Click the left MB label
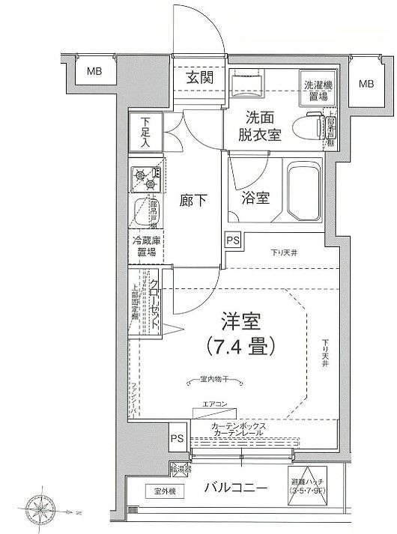[x=94, y=73]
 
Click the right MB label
[x=366, y=83]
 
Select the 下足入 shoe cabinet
[x=144, y=133]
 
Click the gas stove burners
[x=145, y=178]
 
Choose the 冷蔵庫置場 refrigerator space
[x=145, y=247]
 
